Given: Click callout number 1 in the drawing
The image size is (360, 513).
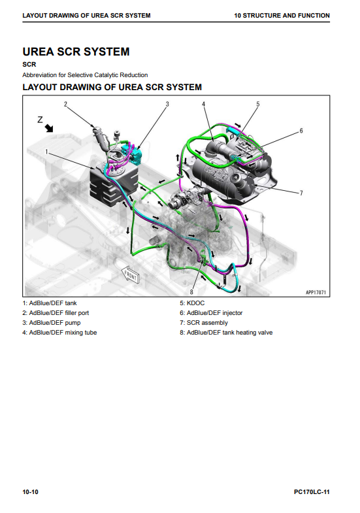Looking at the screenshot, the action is pyautogui.click(x=46, y=152).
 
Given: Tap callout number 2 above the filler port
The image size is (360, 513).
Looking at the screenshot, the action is pyautogui.click(x=65, y=104).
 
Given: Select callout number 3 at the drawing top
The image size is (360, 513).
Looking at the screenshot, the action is pyautogui.click(x=167, y=104).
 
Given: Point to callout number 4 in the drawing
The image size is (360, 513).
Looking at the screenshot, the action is pyautogui.click(x=203, y=104).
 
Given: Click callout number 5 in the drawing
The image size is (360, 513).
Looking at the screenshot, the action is pyautogui.click(x=257, y=104).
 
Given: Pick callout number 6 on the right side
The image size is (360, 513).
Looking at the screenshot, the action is pyautogui.click(x=301, y=131).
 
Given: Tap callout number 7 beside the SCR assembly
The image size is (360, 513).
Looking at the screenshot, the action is pyautogui.click(x=301, y=193).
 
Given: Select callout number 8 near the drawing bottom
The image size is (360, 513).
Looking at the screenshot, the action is pyautogui.click(x=191, y=292).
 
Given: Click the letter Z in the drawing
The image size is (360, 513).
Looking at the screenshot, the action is pyautogui.click(x=40, y=120).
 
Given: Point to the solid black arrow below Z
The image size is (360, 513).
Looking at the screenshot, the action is pyautogui.click(x=49, y=128).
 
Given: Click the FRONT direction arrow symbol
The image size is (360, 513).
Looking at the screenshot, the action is pyautogui.click(x=130, y=276).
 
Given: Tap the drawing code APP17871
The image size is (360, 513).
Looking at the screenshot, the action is pyautogui.click(x=316, y=292).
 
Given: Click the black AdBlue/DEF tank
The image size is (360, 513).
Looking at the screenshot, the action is pyautogui.click(x=114, y=186).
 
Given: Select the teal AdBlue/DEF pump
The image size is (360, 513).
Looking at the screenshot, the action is pyautogui.click(x=132, y=154).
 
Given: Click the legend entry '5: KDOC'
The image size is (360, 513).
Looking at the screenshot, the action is pyautogui.click(x=192, y=303).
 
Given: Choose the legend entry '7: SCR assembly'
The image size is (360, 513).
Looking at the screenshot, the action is pyautogui.click(x=204, y=323).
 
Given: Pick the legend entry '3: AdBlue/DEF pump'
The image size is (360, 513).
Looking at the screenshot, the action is pyautogui.click(x=52, y=323).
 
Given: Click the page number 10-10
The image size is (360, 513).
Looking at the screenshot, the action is pyautogui.click(x=31, y=491).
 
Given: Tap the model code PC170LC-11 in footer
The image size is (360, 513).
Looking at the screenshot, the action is pyautogui.click(x=312, y=491).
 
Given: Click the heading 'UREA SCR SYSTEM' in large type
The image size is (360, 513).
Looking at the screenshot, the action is pyautogui.click(x=76, y=52).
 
